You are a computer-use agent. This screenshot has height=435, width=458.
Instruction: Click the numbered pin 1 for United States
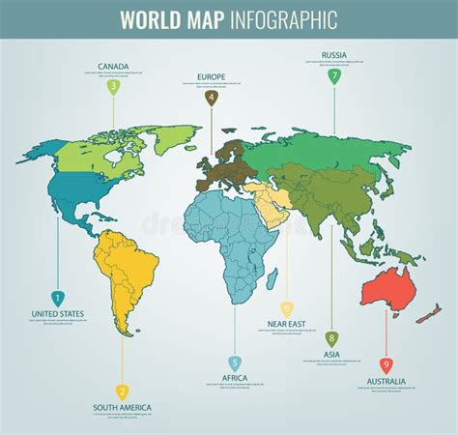tap(57, 298)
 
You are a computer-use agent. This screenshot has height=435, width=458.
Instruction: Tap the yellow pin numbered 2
tap(123, 391)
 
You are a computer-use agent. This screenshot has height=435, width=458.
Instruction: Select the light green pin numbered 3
tap(113, 86)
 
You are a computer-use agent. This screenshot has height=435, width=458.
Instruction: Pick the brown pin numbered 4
tap(212, 97)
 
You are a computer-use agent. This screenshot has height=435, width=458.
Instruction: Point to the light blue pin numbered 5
tap(235, 363)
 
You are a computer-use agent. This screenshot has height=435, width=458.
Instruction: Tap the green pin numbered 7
tap(334, 75)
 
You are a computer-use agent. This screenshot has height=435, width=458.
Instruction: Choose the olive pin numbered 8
tap(331, 337)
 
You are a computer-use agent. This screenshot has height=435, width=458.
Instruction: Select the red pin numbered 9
tap(386, 364)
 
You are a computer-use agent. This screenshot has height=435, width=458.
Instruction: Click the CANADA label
tap(113, 67)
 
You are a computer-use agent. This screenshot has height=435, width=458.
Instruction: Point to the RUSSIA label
tap(334, 54)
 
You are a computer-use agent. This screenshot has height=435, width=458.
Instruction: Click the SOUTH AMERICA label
tap(123, 408)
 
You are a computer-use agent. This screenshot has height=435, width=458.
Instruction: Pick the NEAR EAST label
tap(286, 325)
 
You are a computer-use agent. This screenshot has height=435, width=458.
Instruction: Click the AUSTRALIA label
tap(386, 381)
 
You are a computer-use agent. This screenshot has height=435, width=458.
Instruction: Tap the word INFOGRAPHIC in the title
tap(284, 19)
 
